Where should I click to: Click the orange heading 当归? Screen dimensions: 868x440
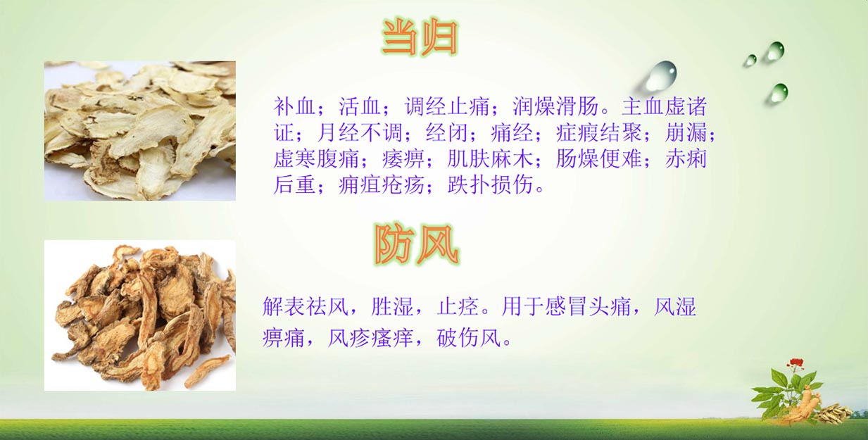point(420,37)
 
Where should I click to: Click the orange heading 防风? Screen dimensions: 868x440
point(417,244)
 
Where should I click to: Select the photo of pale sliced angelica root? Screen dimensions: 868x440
point(140,131)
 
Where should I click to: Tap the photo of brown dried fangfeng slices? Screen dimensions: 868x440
point(140,315)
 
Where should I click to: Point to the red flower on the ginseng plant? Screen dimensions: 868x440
point(796,364)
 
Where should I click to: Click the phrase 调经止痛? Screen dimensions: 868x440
point(447,106)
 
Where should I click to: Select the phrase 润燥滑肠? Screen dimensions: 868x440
point(555,106)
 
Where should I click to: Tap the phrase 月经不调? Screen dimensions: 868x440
point(360,132)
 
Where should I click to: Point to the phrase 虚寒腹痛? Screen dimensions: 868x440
point(316,158)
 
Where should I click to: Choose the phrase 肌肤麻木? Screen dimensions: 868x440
point(490,158)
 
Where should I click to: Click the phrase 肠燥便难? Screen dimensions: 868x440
point(598,158)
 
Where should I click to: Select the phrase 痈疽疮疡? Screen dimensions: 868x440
point(382,184)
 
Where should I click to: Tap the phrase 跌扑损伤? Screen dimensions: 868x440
point(490,184)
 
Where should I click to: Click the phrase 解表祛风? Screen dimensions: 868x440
point(305,307)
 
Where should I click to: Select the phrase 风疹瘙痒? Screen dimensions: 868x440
point(370,338)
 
